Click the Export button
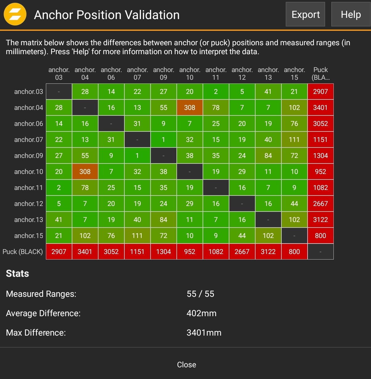pyautogui.click(x=305, y=14)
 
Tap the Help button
pyautogui.click(x=351, y=14)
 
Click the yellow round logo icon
pyautogui.click(x=15, y=14)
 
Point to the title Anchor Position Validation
pyautogui.click(x=107, y=15)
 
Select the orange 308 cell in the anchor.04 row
pyautogui.click(x=190, y=107)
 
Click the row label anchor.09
pyautogui.click(x=28, y=155)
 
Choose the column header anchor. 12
pyautogui.click(x=242, y=74)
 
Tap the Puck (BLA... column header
pyautogui.click(x=321, y=74)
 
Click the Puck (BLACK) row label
pyautogui.click(x=22, y=252)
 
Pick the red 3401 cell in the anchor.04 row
pyautogui.click(x=321, y=107)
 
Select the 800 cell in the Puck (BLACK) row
pyautogui.click(x=294, y=252)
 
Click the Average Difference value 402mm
pyautogui.click(x=201, y=313)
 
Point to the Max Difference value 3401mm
pyautogui.click(x=204, y=333)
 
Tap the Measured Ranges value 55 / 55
pyautogui.click(x=200, y=294)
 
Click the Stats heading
pyautogui.click(x=17, y=273)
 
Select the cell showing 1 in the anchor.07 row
pyautogui.click(x=163, y=139)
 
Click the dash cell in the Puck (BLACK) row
pyautogui.click(x=321, y=252)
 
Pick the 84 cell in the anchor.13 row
pyautogui.click(x=163, y=220)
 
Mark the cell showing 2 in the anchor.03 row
pyautogui.click(x=216, y=91)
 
